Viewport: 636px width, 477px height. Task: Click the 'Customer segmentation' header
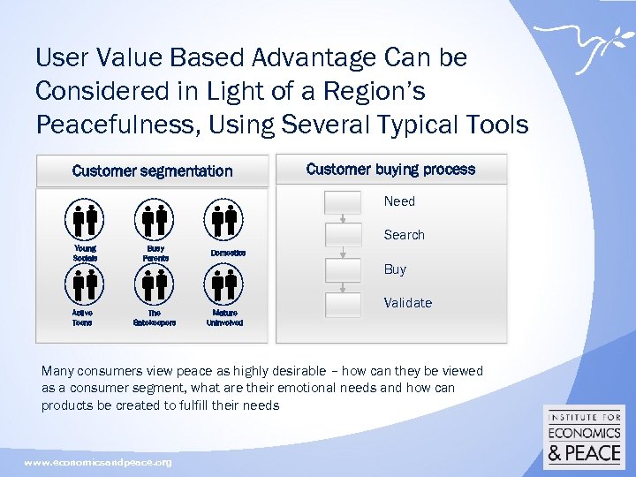click(x=152, y=171)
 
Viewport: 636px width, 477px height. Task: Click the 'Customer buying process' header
click(x=390, y=170)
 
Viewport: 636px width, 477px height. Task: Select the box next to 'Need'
click(x=343, y=201)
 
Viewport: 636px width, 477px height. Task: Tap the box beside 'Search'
click(x=343, y=235)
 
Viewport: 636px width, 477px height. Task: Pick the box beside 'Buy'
click(x=343, y=269)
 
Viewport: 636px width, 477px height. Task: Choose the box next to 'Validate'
click(x=343, y=303)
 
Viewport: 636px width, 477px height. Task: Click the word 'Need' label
click(x=399, y=201)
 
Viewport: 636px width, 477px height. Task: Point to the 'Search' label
click(x=404, y=235)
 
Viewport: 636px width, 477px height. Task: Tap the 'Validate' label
click(x=407, y=303)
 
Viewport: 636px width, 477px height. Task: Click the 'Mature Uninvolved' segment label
click(x=224, y=318)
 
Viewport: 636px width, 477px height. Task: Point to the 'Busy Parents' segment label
click(x=155, y=254)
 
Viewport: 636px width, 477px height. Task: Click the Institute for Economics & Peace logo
click(x=584, y=437)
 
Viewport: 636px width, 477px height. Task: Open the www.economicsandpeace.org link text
click(x=98, y=463)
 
